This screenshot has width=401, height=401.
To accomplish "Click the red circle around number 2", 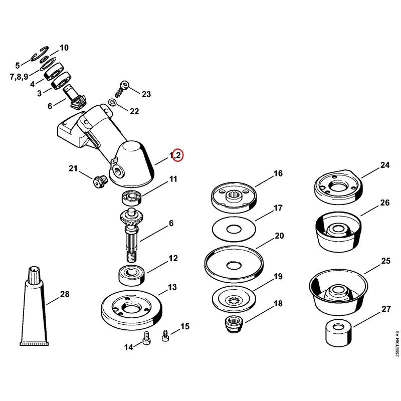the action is click(x=178, y=155).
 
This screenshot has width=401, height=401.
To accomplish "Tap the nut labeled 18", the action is click(x=234, y=325).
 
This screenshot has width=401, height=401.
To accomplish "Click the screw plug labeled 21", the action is click(x=99, y=182).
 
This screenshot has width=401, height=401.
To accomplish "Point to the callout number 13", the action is click(x=172, y=287).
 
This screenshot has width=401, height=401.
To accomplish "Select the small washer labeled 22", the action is click(x=112, y=103).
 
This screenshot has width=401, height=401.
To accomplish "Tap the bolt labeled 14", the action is click(x=146, y=338).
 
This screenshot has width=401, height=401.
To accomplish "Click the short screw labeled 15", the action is click(x=165, y=335).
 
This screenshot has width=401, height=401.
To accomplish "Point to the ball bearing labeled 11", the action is click(x=131, y=197).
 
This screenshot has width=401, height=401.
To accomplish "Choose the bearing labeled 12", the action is click(x=132, y=275).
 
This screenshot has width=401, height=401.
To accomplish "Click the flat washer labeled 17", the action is click(x=234, y=229).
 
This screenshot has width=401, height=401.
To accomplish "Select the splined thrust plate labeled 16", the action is click(x=234, y=197).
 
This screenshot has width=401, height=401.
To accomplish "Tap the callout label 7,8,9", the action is click(x=19, y=76).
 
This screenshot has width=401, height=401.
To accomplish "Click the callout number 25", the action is click(x=385, y=261).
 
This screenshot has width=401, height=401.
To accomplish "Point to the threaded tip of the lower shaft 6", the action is click(x=131, y=257).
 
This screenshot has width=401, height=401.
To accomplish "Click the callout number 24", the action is click(x=385, y=165).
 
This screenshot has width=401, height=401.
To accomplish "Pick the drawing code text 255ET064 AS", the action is click(x=397, y=344).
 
